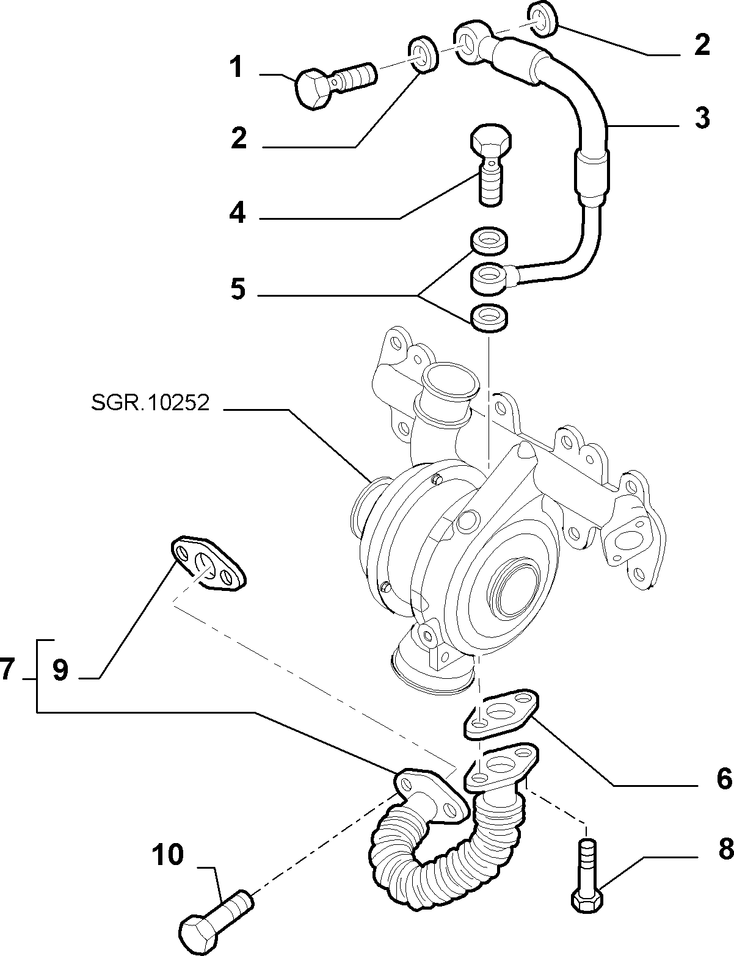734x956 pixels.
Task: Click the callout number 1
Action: click(237, 67)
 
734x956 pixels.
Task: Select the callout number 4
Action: click(238, 214)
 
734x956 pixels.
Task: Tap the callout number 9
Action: click(60, 683)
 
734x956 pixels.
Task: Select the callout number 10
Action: click(168, 855)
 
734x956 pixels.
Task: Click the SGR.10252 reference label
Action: click(150, 402)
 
